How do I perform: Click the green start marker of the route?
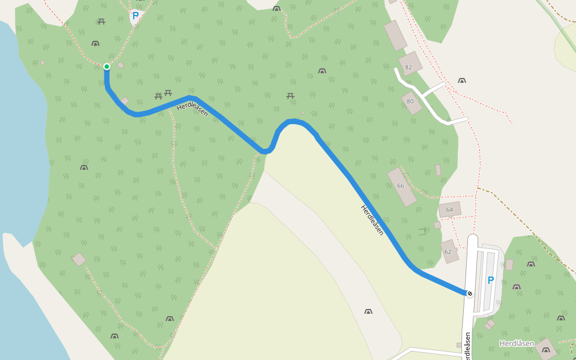click(x=106, y=67)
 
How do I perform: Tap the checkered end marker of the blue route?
click(x=469, y=293)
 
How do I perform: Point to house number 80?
click(x=410, y=101)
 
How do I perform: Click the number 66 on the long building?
click(x=400, y=186)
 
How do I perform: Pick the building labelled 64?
click(x=449, y=209)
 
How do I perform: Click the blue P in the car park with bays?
click(x=490, y=280)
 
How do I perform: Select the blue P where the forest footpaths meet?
click(x=136, y=16)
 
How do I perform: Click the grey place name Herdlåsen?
click(x=517, y=343)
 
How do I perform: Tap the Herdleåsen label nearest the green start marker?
click(x=193, y=109)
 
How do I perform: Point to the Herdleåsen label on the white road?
click(x=467, y=346)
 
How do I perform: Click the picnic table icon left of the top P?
click(x=101, y=22)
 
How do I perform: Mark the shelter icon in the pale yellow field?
click(x=368, y=311)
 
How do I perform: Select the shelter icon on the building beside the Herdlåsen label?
click(x=546, y=349)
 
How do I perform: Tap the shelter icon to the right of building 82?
click(x=462, y=80)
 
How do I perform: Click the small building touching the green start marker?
click(x=121, y=65)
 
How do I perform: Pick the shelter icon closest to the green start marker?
click(x=95, y=43)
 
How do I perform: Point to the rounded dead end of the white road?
click(x=472, y=238)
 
